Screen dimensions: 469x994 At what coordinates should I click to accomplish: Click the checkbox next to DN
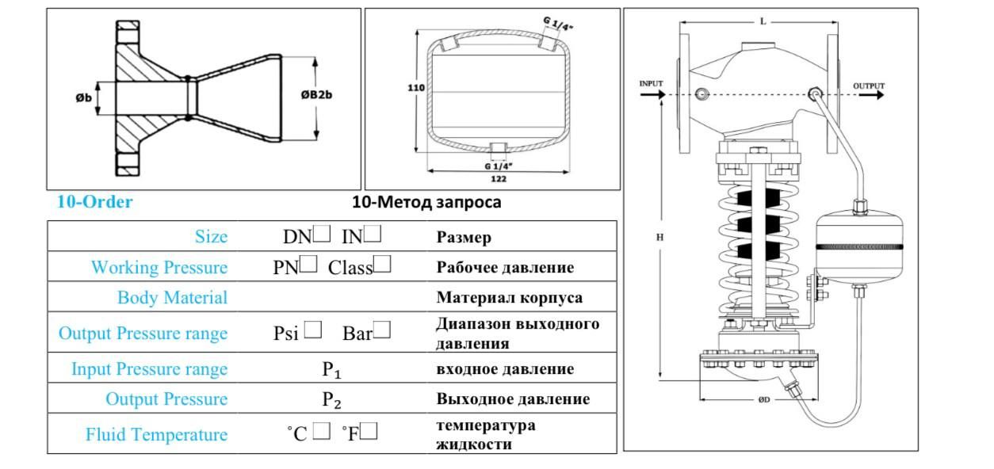tap(321, 234)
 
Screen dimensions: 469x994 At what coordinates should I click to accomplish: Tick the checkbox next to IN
tap(373, 234)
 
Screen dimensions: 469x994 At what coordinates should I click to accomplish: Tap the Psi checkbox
tap(312, 330)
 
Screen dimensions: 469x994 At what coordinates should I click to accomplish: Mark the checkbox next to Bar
tap(382, 330)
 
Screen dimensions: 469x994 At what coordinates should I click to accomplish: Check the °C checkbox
tap(321, 431)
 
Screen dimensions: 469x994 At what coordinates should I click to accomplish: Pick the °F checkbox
tap(369, 431)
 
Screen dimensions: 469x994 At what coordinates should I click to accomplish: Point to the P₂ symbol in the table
tap(331, 400)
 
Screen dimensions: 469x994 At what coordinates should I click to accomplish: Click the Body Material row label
tap(172, 298)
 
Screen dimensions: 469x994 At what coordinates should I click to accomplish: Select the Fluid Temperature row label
tap(156, 435)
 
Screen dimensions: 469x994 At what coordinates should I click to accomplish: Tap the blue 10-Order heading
tap(94, 201)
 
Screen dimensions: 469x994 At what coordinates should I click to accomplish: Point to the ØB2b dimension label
tap(316, 95)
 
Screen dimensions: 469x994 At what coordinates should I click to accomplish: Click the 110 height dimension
tap(416, 88)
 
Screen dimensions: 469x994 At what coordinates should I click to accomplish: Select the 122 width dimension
tap(499, 179)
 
